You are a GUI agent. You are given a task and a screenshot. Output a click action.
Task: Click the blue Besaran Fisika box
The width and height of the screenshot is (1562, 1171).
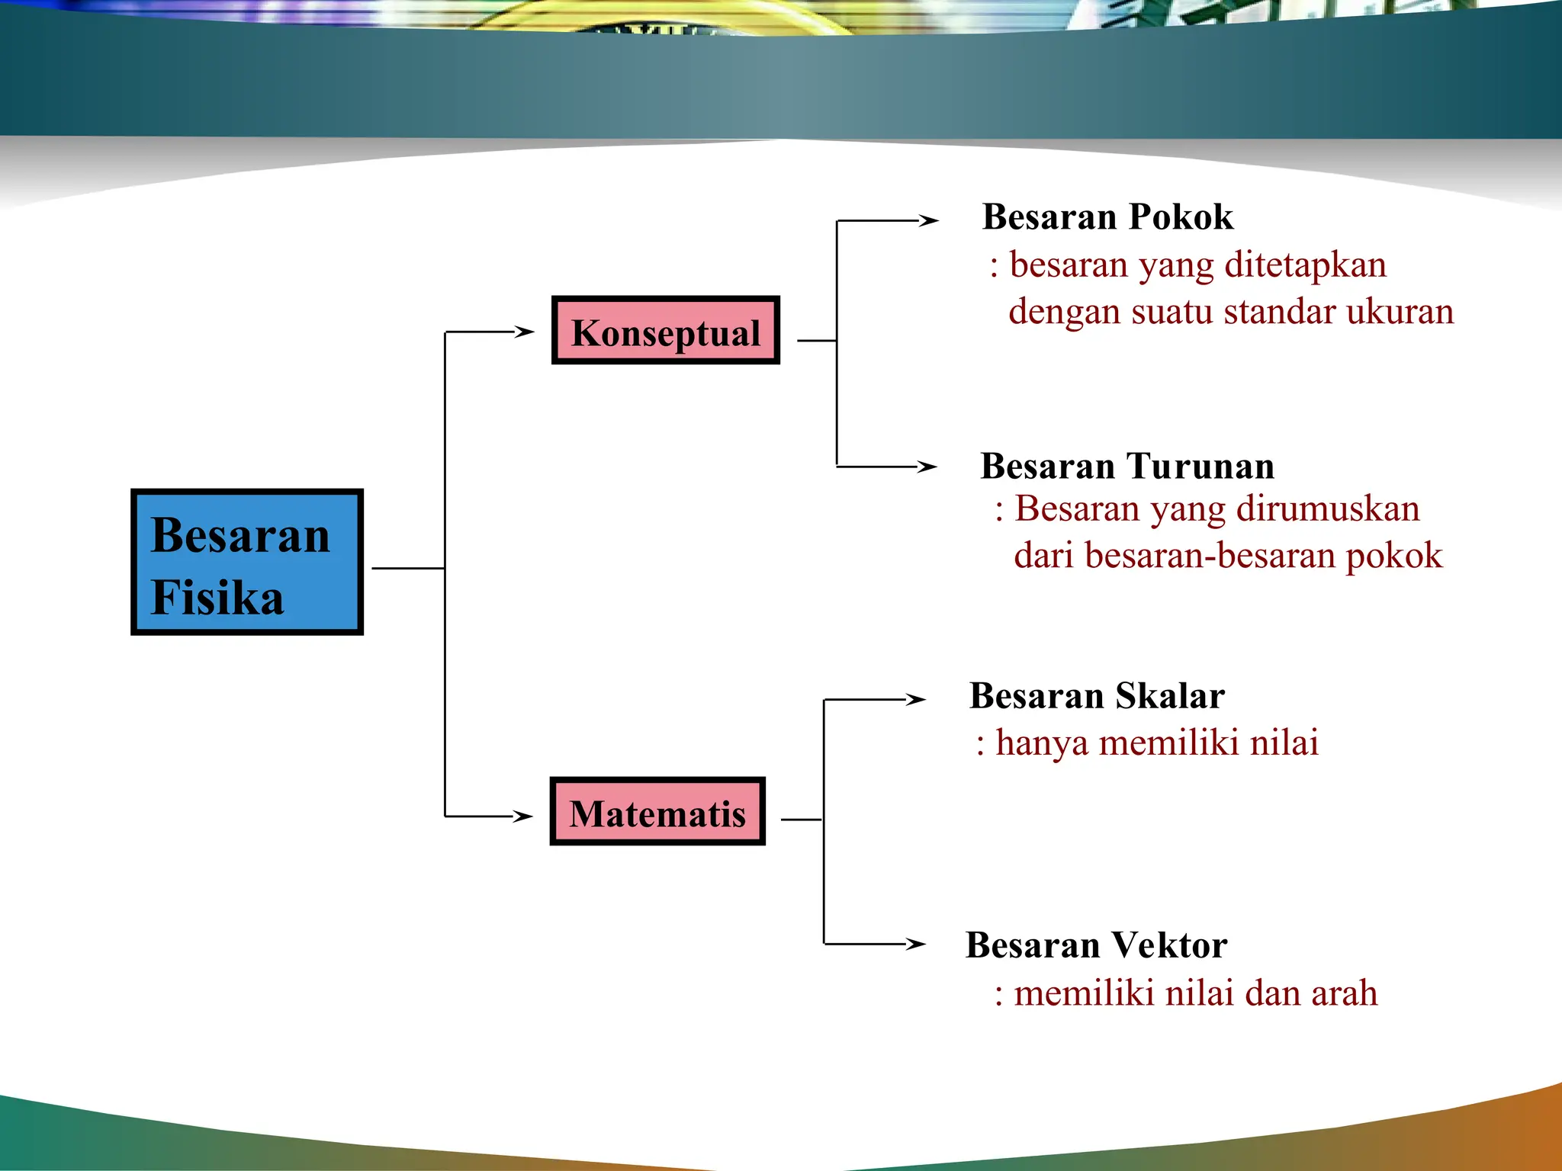[246, 562]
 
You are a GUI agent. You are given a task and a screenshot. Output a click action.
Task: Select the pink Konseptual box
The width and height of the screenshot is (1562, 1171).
[665, 330]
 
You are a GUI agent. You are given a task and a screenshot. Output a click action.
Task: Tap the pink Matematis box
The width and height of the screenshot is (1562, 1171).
[657, 811]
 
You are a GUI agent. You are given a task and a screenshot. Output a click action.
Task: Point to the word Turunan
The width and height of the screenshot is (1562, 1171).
[1200, 467]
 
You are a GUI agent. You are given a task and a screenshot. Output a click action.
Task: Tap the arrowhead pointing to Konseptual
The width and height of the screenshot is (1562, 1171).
[524, 332]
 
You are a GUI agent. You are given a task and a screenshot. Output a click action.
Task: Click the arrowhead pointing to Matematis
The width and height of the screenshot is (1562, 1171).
[522, 816]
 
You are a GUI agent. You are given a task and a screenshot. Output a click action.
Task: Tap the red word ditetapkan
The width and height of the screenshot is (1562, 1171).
[1305, 265]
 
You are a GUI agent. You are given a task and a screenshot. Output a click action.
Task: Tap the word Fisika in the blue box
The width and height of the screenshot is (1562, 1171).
[217, 597]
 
